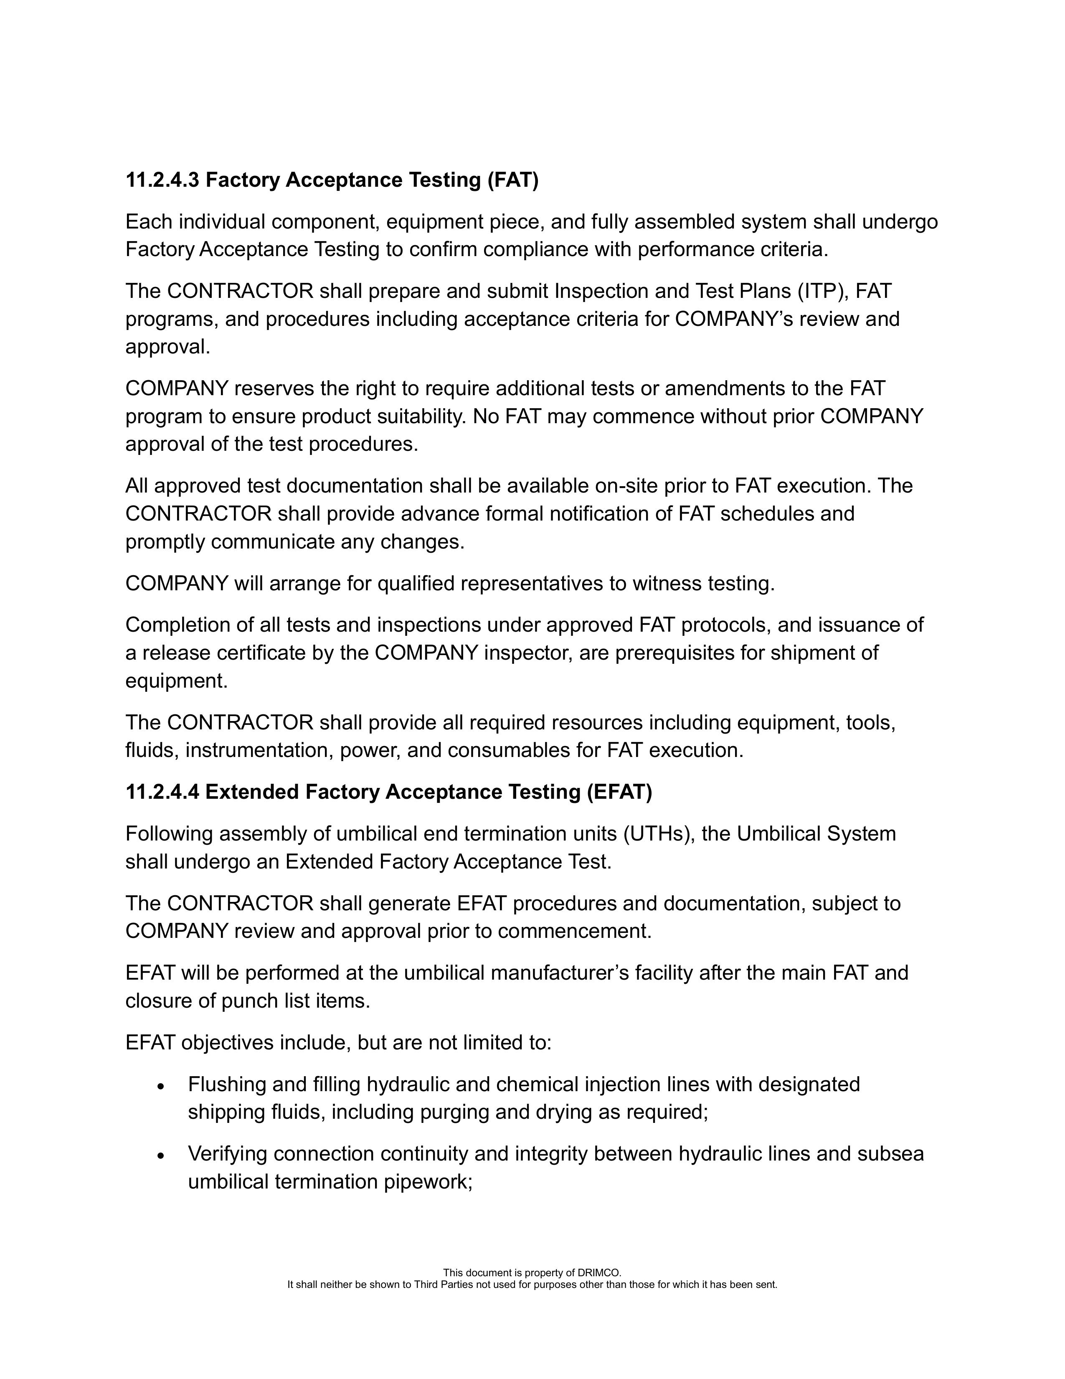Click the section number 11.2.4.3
coord(162,180)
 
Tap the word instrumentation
coord(259,750)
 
